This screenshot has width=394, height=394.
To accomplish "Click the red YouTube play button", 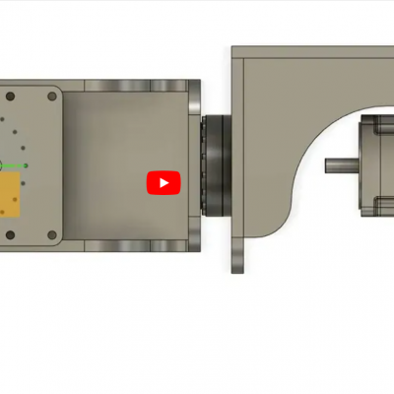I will (x=164, y=182).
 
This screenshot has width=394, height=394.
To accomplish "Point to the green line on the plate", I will (x=12, y=164).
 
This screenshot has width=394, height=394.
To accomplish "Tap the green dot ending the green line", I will (x=26, y=164).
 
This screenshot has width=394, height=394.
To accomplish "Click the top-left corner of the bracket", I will (x=234, y=48).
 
